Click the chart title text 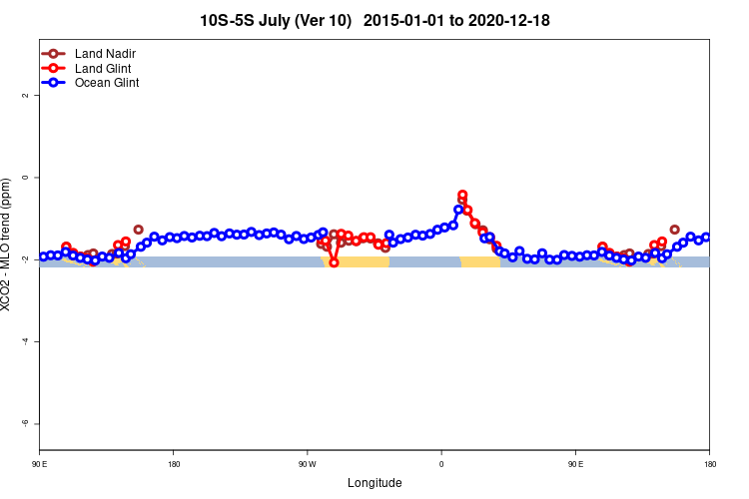[374, 20]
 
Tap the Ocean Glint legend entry [107, 83]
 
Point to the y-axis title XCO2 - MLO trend [7, 245]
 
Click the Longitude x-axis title [374, 483]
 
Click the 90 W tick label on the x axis [307, 464]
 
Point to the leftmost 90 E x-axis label [39, 464]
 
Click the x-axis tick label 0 [441, 464]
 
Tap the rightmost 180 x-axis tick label [709, 464]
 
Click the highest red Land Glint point [462, 196]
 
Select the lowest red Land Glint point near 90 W [334, 262]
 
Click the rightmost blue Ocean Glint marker [705, 238]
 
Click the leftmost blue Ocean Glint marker [44, 256]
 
